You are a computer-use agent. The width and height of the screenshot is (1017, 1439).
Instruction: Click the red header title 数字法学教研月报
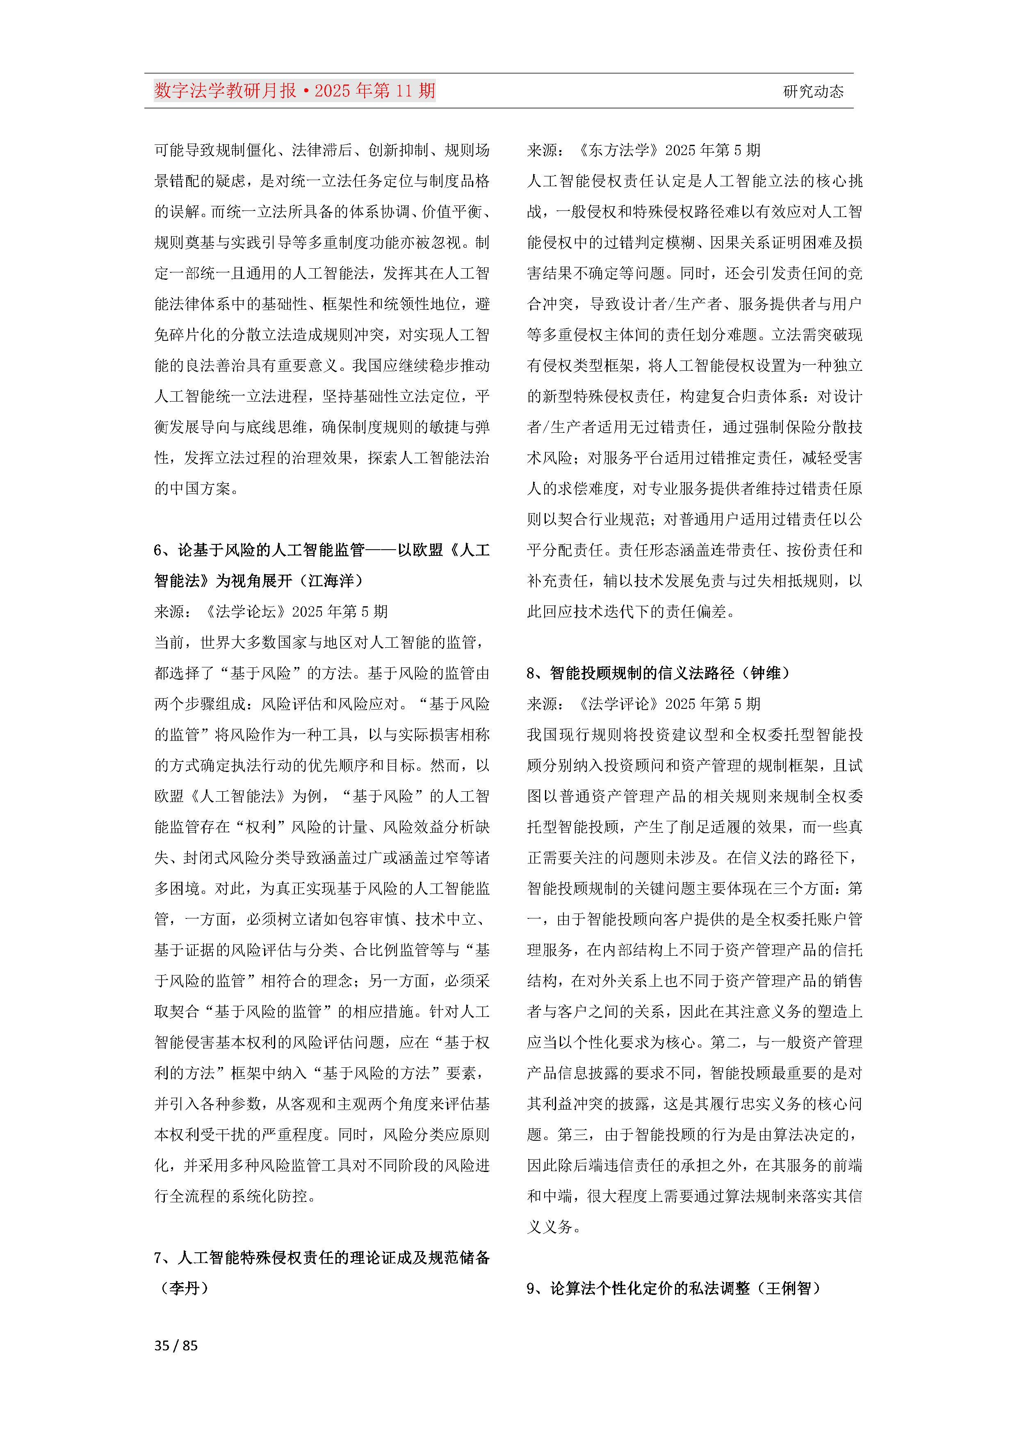(x=225, y=91)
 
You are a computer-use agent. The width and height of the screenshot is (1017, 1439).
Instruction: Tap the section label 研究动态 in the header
(x=813, y=91)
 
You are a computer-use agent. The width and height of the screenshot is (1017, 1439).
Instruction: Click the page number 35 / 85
(x=176, y=1345)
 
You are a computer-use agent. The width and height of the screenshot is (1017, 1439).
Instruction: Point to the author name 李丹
(x=185, y=1288)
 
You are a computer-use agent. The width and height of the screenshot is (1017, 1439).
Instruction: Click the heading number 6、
(x=164, y=550)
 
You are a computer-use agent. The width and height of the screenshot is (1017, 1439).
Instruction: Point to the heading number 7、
(x=164, y=1257)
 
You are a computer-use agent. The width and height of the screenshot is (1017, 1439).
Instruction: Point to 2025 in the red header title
(x=333, y=91)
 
